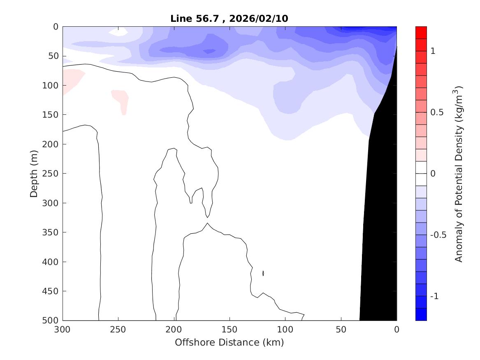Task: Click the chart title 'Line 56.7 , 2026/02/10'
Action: click(x=232, y=19)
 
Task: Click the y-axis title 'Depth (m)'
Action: click(x=34, y=173)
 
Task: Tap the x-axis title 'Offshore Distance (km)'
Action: click(x=229, y=342)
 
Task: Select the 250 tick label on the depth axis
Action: click(x=51, y=174)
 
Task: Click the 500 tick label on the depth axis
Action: click(x=51, y=321)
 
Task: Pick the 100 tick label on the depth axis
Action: click(x=51, y=86)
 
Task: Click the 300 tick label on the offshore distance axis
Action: click(x=63, y=330)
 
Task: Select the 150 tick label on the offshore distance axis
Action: click(x=230, y=330)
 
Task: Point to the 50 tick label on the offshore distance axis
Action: click(x=341, y=330)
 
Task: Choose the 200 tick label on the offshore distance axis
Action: click(x=174, y=330)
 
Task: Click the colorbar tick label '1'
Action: click(x=433, y=51)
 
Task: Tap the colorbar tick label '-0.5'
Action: click(x=437, y=235)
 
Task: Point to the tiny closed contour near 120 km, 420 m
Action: click(x=263, y=273)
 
